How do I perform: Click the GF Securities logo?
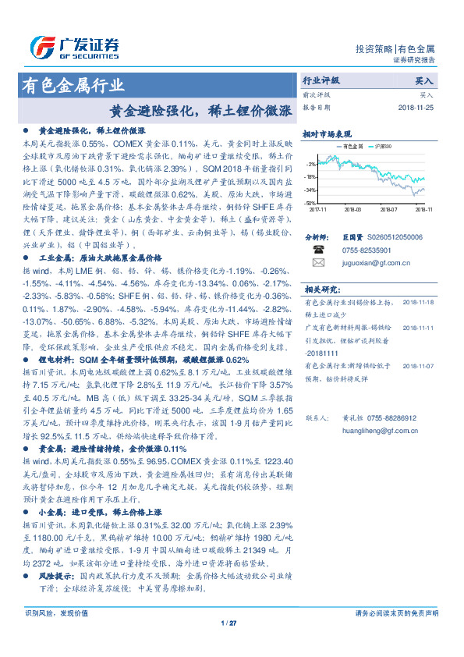click(x=74, y=47)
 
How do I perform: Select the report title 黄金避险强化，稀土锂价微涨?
click(x=201, y=111)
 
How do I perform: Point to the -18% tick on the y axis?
click(x=311, y=177)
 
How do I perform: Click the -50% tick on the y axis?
click(x=311, y=203)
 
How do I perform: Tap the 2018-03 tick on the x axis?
click(x=352, y=209)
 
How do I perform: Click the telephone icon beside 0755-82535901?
click(x=318, y=250)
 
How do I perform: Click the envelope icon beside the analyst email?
click(x=318, y=265)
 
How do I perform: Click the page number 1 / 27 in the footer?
click(x=228, y=622)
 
